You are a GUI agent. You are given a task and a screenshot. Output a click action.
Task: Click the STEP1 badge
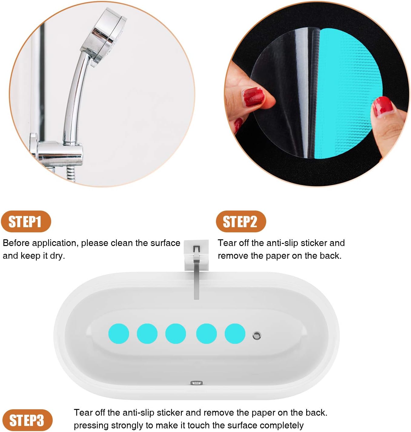pos(26,221)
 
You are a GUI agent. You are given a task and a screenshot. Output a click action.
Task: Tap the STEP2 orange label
pos(241,221)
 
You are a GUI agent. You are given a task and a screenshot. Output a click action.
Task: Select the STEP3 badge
pos(27,420)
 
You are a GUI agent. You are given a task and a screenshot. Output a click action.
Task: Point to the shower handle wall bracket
pos(58,153)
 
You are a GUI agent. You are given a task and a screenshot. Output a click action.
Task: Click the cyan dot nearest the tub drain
pos(235,334)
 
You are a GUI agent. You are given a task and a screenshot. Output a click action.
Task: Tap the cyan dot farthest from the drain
pos(119,334)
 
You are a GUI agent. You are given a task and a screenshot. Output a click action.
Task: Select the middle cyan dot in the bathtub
pos(176,334)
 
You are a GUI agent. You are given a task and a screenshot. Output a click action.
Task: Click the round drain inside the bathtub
pos(257,335)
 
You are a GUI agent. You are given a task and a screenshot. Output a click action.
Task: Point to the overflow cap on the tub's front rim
pos(197,383)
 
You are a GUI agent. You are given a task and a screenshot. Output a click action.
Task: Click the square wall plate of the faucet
pos(197,254)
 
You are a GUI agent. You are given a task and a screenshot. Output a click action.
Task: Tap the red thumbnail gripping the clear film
pos(254,97)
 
